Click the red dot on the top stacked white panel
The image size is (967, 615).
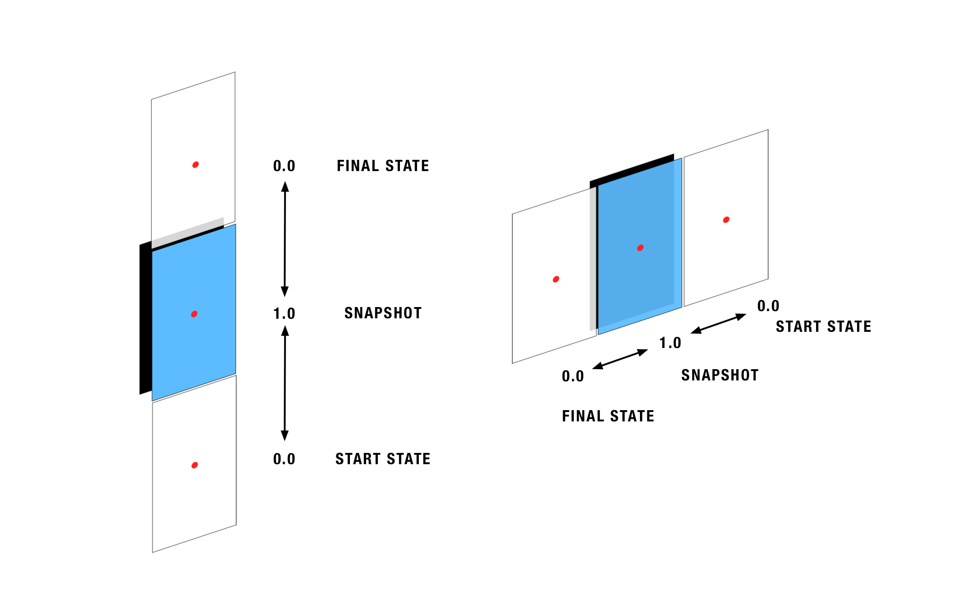pyautogui.click(x=195, y=165)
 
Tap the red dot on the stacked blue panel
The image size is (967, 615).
pyautogui.click(x=194, y=314)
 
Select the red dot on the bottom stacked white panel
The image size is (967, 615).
pyautogui.click(x=195, y=465)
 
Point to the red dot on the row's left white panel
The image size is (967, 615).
pyautogui.click(x=556, y=279)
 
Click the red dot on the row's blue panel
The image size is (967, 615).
pyautogui.click(x=640, y=248)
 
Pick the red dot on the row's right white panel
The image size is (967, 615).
pyautogui.click(x=726, y=220)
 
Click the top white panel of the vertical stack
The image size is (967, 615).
pyautogui.click(x=180, y=135)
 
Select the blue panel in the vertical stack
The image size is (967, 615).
pyautogui.click(x=180, y=342)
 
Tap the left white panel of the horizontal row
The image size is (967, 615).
pyautogui.click(x=540, y=315)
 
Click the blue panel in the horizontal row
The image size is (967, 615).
pyautogui.click(x=631, y=279)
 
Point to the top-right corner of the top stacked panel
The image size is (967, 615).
pyautogui.click(x=234, y=73)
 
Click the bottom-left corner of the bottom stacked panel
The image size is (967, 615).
pyautogui.click(x=153, y=552)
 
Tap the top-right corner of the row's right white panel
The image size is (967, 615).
pyautogui.click(x=767, y=131)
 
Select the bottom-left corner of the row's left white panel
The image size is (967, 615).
pyautogui.click(x=513, y=362)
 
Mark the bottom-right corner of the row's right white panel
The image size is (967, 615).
pyautogui.click(x=767, y=279)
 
